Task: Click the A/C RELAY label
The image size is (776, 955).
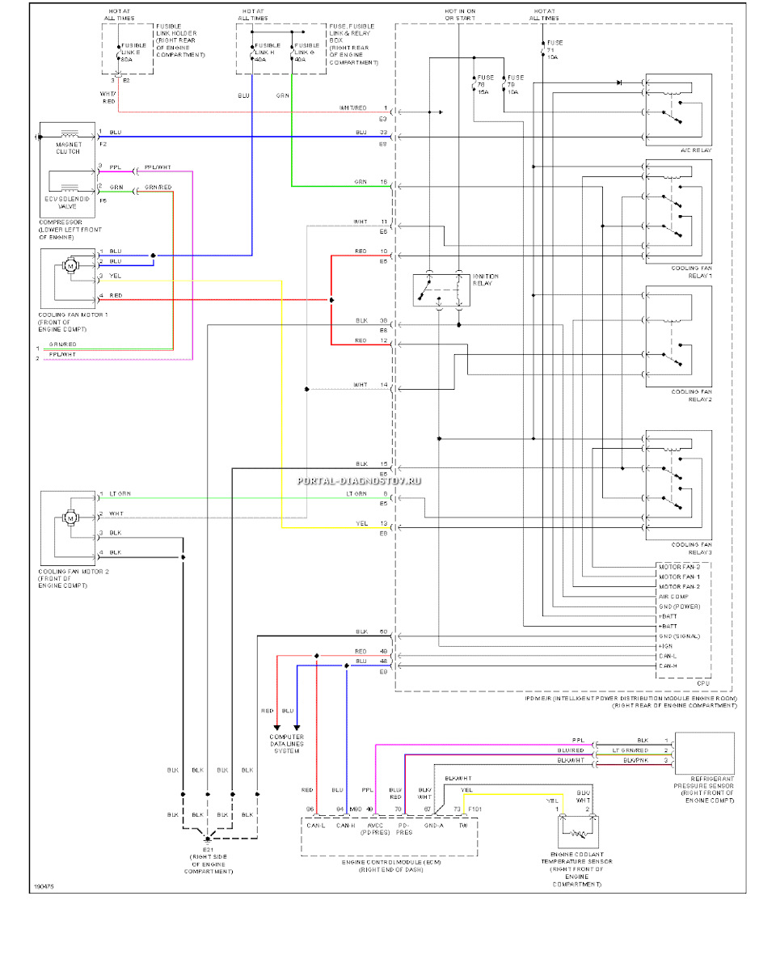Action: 694,151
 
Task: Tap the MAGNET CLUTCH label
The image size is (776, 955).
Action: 68,147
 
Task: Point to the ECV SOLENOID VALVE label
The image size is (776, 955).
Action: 68,201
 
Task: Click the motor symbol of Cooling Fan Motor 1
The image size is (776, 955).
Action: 70,265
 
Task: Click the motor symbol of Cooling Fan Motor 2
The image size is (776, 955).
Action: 70,517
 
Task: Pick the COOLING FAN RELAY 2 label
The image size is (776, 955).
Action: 691,396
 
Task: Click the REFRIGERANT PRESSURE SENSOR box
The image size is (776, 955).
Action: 703,752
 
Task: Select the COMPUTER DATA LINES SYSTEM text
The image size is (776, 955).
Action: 287,744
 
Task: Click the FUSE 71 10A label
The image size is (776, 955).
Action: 555,49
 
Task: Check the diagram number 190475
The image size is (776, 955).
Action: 44,887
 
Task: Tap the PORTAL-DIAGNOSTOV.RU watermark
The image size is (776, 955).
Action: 361,481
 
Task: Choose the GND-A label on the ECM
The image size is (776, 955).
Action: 435,826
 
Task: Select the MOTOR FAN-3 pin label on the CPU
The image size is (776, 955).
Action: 677,567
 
